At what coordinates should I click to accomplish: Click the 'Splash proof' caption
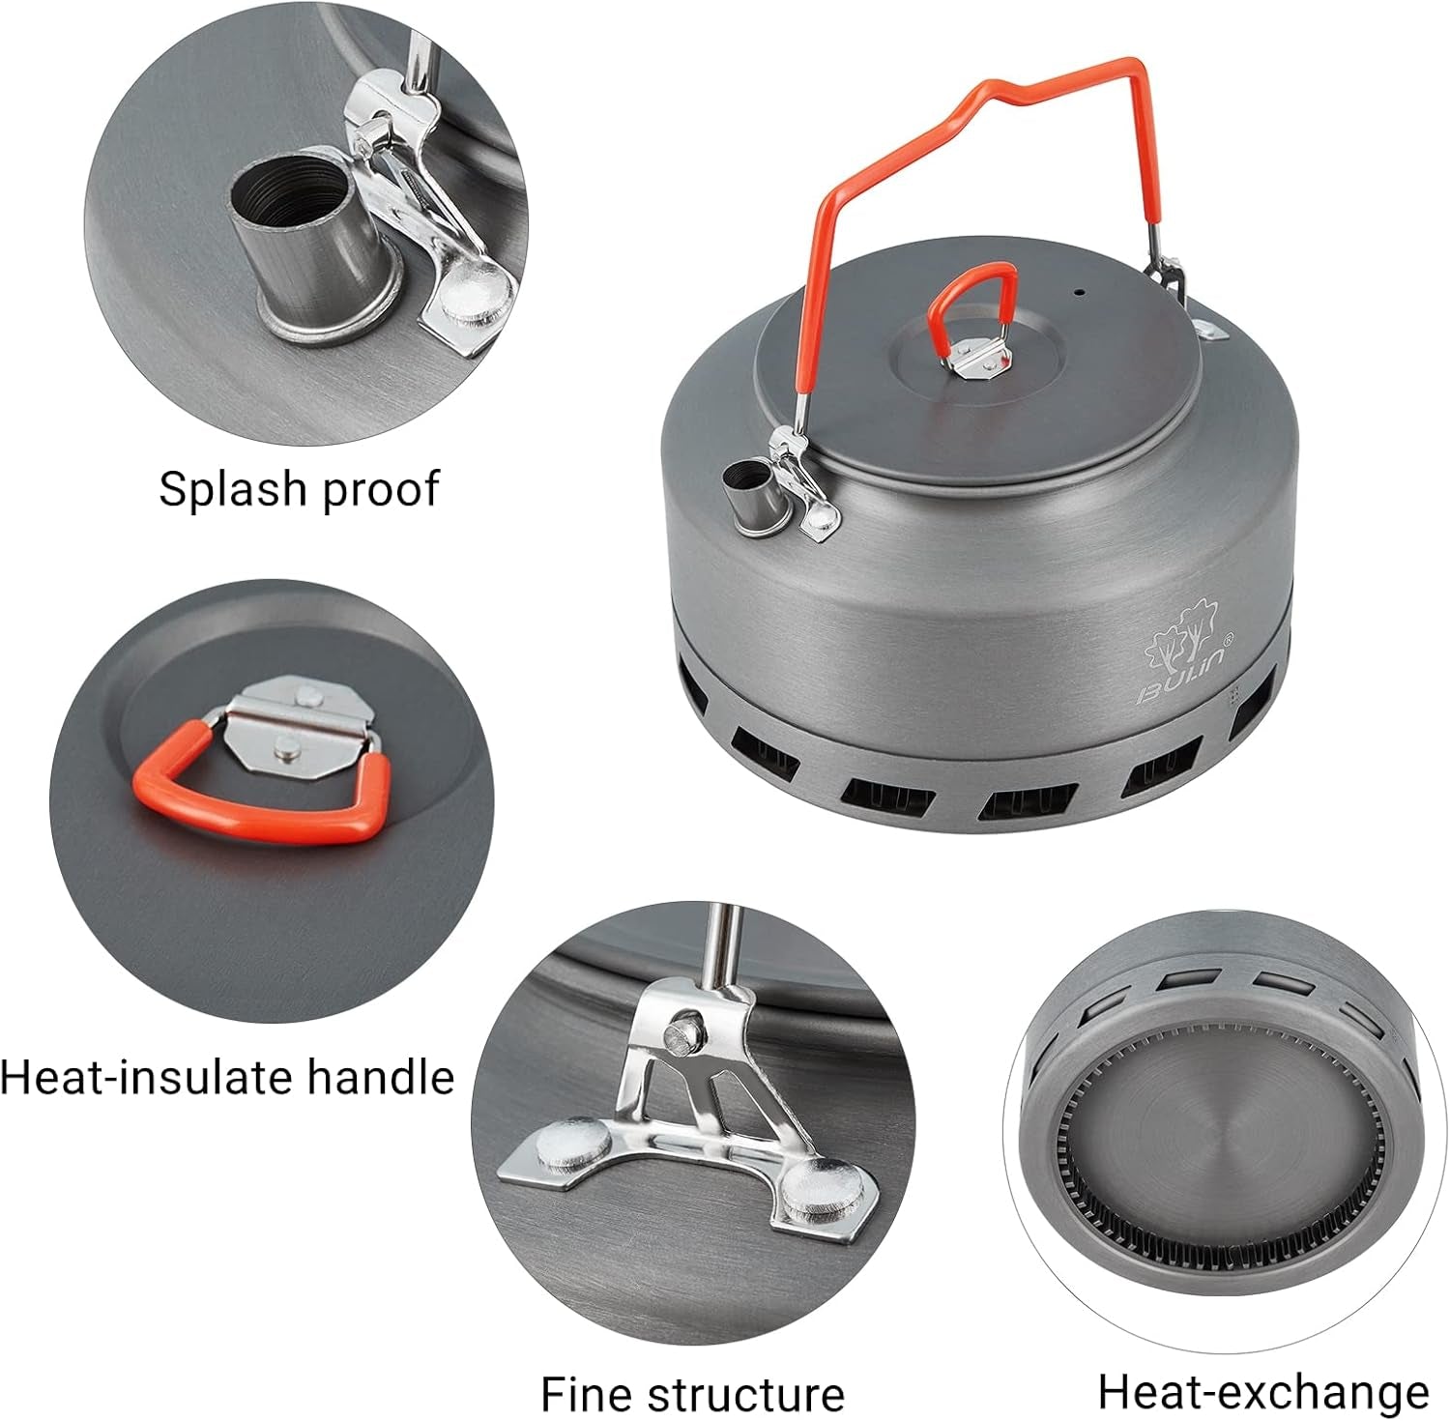299,488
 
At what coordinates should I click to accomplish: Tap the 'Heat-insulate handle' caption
227,1077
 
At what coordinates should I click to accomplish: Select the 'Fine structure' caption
692,1394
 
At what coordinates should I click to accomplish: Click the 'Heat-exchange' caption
1262,1392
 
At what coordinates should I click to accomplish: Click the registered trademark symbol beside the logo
1229,637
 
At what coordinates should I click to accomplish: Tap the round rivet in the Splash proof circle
475,293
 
